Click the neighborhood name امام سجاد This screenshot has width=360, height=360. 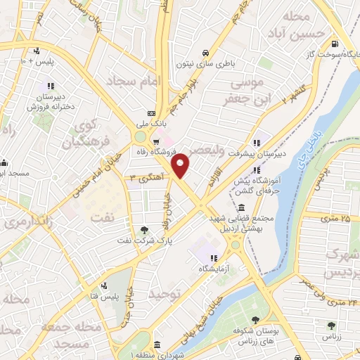tap(136, 82)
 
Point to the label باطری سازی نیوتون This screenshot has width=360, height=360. tap(205, 63)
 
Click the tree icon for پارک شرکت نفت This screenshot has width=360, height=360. tap(145, 229)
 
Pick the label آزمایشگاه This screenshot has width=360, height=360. tap(213, 268)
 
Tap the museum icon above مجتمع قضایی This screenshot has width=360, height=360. tap(242, 208)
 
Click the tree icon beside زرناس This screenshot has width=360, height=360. tap(331, 325)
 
